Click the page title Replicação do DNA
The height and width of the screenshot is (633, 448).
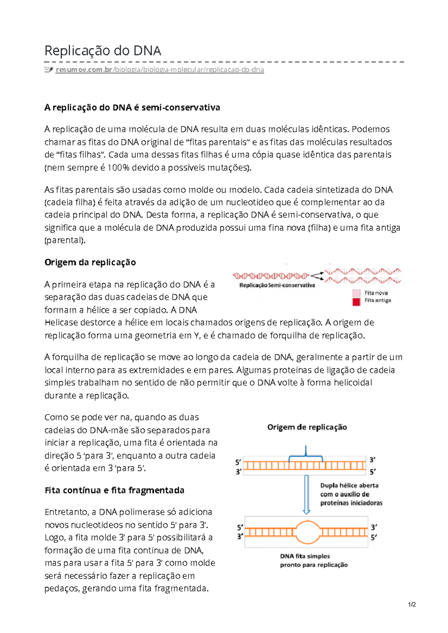103,51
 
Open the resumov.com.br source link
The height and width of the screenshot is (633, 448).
160,70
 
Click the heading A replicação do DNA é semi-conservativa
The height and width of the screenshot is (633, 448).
132,107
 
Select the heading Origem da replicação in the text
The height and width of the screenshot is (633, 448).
90,262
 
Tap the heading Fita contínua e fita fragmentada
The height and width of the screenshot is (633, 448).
114,490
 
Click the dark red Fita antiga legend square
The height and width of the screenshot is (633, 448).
356,302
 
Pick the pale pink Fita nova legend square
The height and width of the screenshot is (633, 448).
356,293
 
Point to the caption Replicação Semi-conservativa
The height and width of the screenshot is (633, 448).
277,285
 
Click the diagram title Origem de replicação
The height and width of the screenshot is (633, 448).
307,427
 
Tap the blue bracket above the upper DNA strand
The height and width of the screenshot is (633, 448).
306,455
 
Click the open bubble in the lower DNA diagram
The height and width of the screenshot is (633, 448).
307,532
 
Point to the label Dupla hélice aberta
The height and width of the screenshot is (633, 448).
349,485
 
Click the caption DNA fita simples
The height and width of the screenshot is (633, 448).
305,556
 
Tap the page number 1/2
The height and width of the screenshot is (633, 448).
412,605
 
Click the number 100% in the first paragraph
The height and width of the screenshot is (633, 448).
118,168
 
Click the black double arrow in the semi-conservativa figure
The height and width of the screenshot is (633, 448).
317,276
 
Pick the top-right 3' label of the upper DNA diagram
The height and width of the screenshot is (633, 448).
372,460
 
